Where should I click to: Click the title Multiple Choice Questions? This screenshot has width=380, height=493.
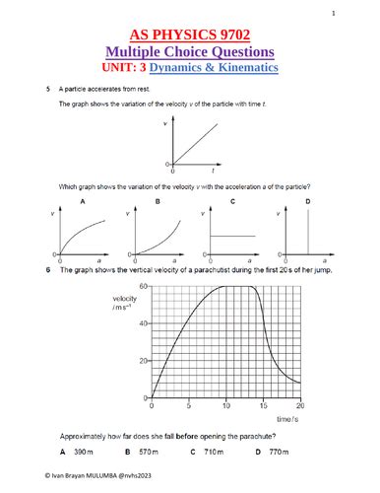click(x=190, y=51)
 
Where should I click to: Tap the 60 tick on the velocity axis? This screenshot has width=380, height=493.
click(x=144, y=286)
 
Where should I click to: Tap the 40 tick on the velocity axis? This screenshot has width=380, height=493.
click(x=144, y=323)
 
